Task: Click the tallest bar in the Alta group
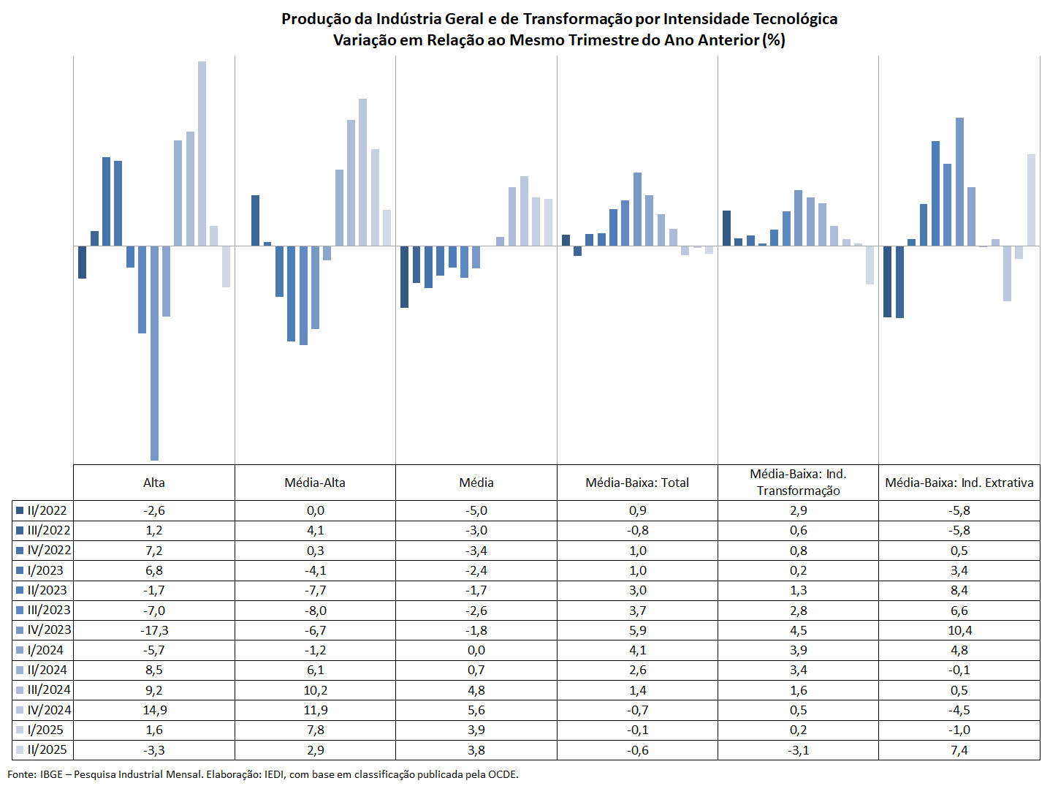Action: click(202, 154)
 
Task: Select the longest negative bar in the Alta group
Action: click(154, 353)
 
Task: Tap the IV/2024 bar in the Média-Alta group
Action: click(362, 173)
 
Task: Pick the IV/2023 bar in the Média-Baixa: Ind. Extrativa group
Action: click(959, 182)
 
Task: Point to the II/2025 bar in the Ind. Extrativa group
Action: click(1031, 200)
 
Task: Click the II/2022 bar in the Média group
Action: click(404, 276)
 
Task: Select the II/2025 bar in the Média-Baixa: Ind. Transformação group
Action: click(870, 265)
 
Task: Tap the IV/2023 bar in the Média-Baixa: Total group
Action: click(637, 209)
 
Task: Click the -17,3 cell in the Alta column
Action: click(154, 630)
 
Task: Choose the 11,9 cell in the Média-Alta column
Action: click(316, 710)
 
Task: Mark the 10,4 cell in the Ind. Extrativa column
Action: click(959, 630)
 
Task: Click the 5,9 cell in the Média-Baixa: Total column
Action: click(638, 630)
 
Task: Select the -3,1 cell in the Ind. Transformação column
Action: click(799, 749)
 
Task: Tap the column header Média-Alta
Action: click(315, 483)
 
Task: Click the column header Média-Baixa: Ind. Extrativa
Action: click(959, 483)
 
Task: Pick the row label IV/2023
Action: click(49, 630)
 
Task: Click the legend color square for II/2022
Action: click(20, 510)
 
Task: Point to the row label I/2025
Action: click(45, 730)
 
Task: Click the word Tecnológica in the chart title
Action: click(795, 19)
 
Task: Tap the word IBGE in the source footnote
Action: click(51, 774)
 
